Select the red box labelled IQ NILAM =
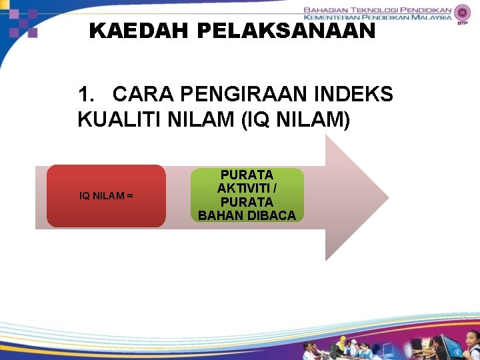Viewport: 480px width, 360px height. point(106,196)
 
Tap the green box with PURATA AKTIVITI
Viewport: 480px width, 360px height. point(247,195)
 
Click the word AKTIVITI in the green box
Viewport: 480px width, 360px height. point(247,188)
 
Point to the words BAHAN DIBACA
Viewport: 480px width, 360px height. point(247,215)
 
